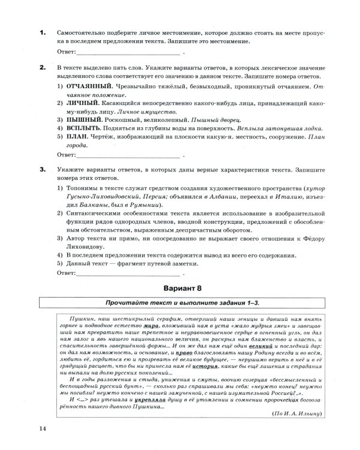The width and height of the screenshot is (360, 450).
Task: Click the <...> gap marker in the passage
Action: (x=80, y=398)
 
